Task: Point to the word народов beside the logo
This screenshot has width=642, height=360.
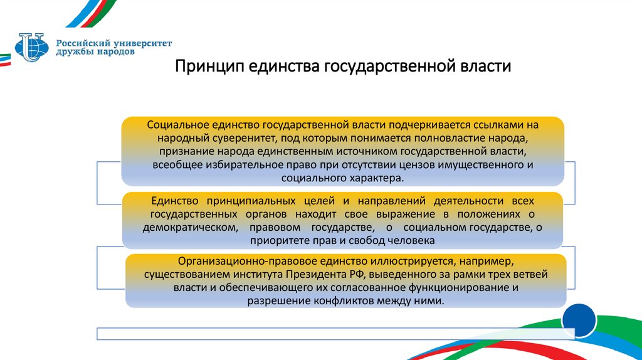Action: coord(112,53)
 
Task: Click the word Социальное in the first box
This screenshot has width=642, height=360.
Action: coord(173,125)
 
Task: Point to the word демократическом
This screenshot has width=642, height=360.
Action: coord(190,228)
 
